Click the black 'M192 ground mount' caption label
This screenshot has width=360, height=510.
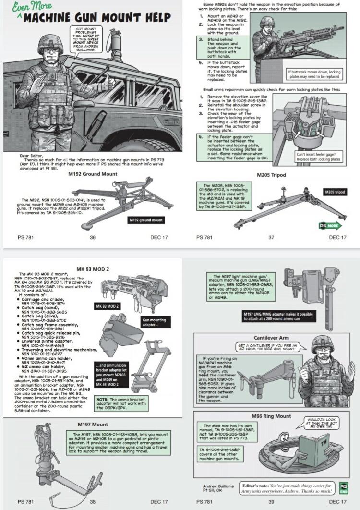[145, 220]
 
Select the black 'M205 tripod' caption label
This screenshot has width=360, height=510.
[334, 192]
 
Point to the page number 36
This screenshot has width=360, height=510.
[93, 237]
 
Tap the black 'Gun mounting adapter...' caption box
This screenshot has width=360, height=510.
[155, 322]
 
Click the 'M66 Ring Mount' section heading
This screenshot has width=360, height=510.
[271, 416]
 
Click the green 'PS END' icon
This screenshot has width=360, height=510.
[343, 488]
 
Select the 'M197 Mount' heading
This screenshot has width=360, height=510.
[93, 425]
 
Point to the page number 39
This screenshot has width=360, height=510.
[272, 501]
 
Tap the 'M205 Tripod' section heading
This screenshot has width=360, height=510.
[271, 175]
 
